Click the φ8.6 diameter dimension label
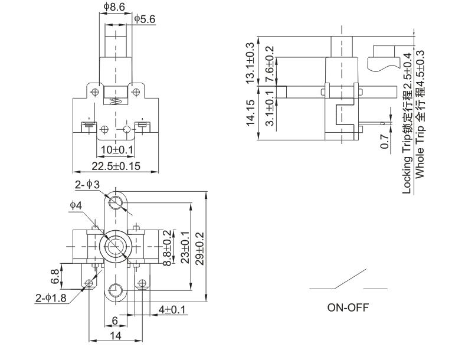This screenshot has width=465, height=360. click(x=113, y=8)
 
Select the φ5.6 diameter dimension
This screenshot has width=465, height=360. click(x=145, y=19)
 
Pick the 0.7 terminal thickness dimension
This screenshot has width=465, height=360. click(x=385, y=142)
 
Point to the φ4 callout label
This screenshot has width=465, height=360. click(x=75, y=205)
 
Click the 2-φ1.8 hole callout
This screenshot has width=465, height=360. click(x=51, y=299)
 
